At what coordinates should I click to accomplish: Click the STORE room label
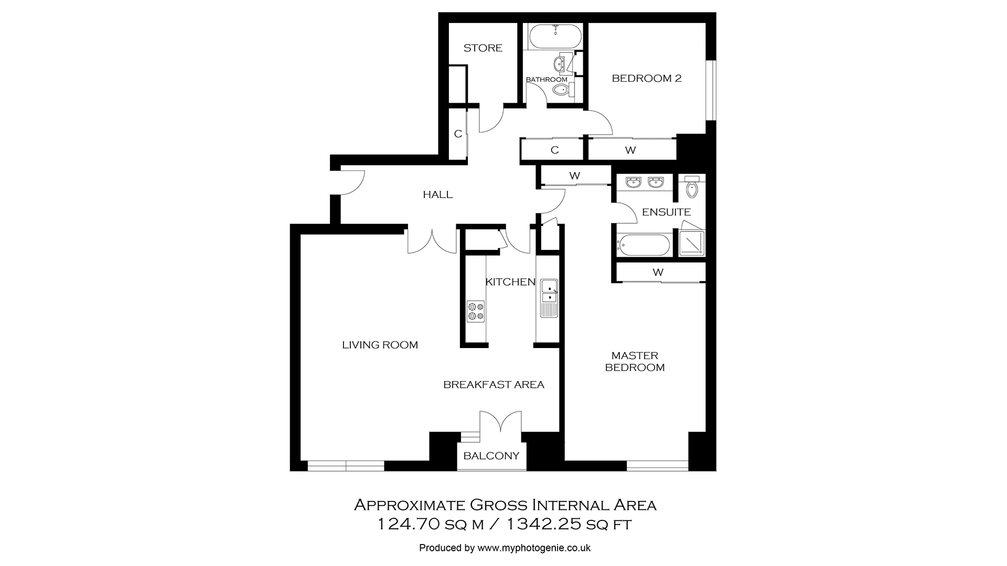click(x=483, y=48)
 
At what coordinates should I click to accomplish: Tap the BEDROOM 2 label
click(x=646, y=79)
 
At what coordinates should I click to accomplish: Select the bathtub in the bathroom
click(x=555, y=36)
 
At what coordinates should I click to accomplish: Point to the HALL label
click(x=437, y=195)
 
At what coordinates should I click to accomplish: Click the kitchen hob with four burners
click(x=476, y=311)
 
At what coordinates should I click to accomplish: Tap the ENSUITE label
click(x=666, y=212)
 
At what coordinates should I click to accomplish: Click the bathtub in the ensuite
click(x=644, y=245)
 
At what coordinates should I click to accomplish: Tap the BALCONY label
click(x=491, y=456)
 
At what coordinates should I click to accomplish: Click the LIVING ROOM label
click(x=380, y=345)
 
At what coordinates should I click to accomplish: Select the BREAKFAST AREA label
click(x=494, y=385)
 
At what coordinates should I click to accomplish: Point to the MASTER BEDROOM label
click(x=635, y=362)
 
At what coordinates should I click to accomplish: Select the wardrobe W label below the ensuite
click(x=658, y=273)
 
